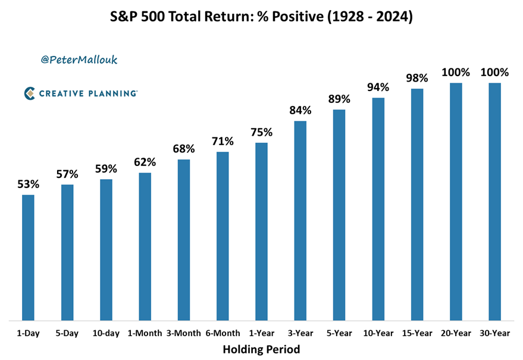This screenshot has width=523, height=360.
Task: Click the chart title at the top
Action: (x=261, y=17)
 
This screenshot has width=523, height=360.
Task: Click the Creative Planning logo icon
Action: (x=30, y=93)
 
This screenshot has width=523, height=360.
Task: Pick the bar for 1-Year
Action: (x=261, y=231)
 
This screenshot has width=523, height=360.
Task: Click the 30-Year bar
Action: (x=494, y=202)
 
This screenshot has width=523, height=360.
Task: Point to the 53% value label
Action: (x=28, y=184)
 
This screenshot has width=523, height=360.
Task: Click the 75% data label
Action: (x=261, y=132)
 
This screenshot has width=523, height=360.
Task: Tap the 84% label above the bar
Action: (x=300, y=110)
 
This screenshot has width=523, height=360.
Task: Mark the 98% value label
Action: (x=416, y=78)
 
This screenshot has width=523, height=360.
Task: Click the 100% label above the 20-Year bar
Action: (x=456, y=73)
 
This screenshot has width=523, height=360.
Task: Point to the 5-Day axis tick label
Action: (x=67, y=333)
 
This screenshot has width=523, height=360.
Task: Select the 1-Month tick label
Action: (x=145, y=333)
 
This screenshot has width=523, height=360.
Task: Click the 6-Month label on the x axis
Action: (x=223, y=333)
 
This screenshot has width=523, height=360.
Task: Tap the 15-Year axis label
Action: (x=416, y=333)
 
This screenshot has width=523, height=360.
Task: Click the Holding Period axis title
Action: (x=261, y=349)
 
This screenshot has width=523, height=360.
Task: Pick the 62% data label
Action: (x=145, y=162)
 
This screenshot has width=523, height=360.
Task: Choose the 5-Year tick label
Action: (x=339, y=333)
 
